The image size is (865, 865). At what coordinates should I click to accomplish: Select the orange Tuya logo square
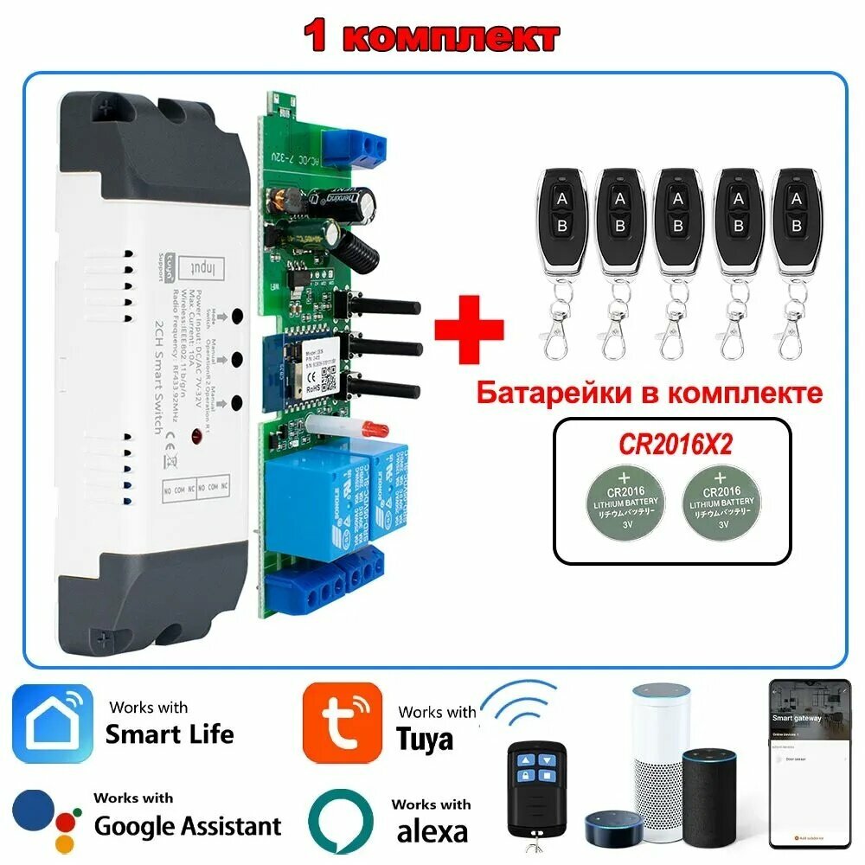342,723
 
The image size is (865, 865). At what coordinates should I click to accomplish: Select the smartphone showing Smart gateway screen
806,763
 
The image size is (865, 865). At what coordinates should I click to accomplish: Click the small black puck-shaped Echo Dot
617,829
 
